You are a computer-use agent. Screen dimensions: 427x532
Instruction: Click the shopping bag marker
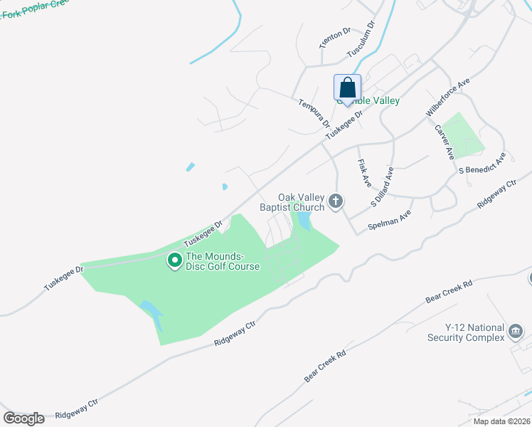point(347,88)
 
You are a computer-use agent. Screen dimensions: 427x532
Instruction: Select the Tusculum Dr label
point(361,40)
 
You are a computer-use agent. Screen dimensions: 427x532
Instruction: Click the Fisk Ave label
point(364,173)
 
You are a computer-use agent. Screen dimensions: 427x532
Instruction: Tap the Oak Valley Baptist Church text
point(301,202)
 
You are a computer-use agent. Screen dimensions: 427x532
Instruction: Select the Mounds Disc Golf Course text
point(223,261)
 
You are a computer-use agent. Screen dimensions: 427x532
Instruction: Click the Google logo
point(23,418)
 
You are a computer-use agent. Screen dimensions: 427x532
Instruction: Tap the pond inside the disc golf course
point(152,312)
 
